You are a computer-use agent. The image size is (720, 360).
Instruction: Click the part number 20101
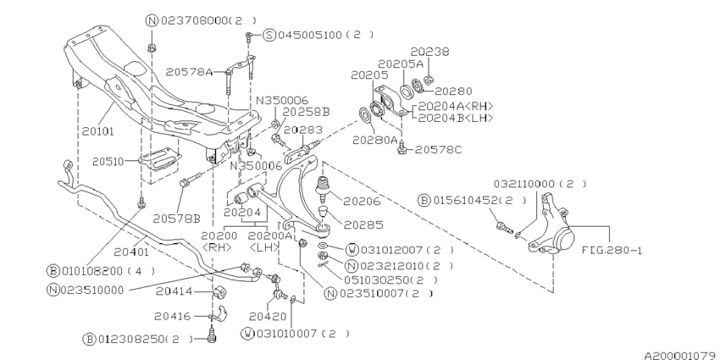pyautogui.click(x=98, y=131)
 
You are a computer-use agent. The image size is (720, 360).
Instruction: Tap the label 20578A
pyautogui.click(x=189, y=72)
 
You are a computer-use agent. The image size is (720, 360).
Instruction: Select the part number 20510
pyautogui.click(x=108, y=162)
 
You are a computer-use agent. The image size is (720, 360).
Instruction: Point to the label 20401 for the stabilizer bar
pyautogui.click(x=130, y=252)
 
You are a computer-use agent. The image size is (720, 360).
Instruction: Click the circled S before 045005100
pyautogui.click(x=269, y=35)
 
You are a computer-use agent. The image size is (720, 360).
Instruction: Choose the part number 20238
pyautogui.click(x=429, y=52)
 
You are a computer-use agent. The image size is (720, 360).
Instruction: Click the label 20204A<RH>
pyautogui.click(x=456, y=106)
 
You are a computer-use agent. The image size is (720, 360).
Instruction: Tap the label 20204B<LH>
pyautogui.click(x=456, y=118)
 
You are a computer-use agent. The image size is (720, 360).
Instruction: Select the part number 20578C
pyautogui.click(x=438, y=150)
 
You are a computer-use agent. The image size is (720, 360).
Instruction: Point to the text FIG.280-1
pyautogui.click(x=612, y=250)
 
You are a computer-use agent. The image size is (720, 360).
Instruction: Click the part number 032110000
pyautogui.click(x=524, y=184)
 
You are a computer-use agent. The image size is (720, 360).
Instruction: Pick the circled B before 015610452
pyautogui.click(x=424, y=200)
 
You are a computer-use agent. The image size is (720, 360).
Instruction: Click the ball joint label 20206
pyautogui.click(x=363, y=201)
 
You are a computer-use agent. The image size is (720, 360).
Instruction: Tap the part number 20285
pyautogui.click(x=363, y=225)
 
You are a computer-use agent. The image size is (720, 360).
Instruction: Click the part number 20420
pyautogui.click(x=268, y=317)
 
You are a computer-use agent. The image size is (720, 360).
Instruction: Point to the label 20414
pyautogui.click(x=173, y=291)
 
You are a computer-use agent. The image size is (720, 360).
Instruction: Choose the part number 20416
pyautogui.click(x=173, y=316)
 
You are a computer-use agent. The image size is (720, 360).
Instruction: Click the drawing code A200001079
pyautogui.click(x=681, y=356)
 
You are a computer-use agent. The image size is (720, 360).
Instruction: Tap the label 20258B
pyautogui.click(x=306, y=112)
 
